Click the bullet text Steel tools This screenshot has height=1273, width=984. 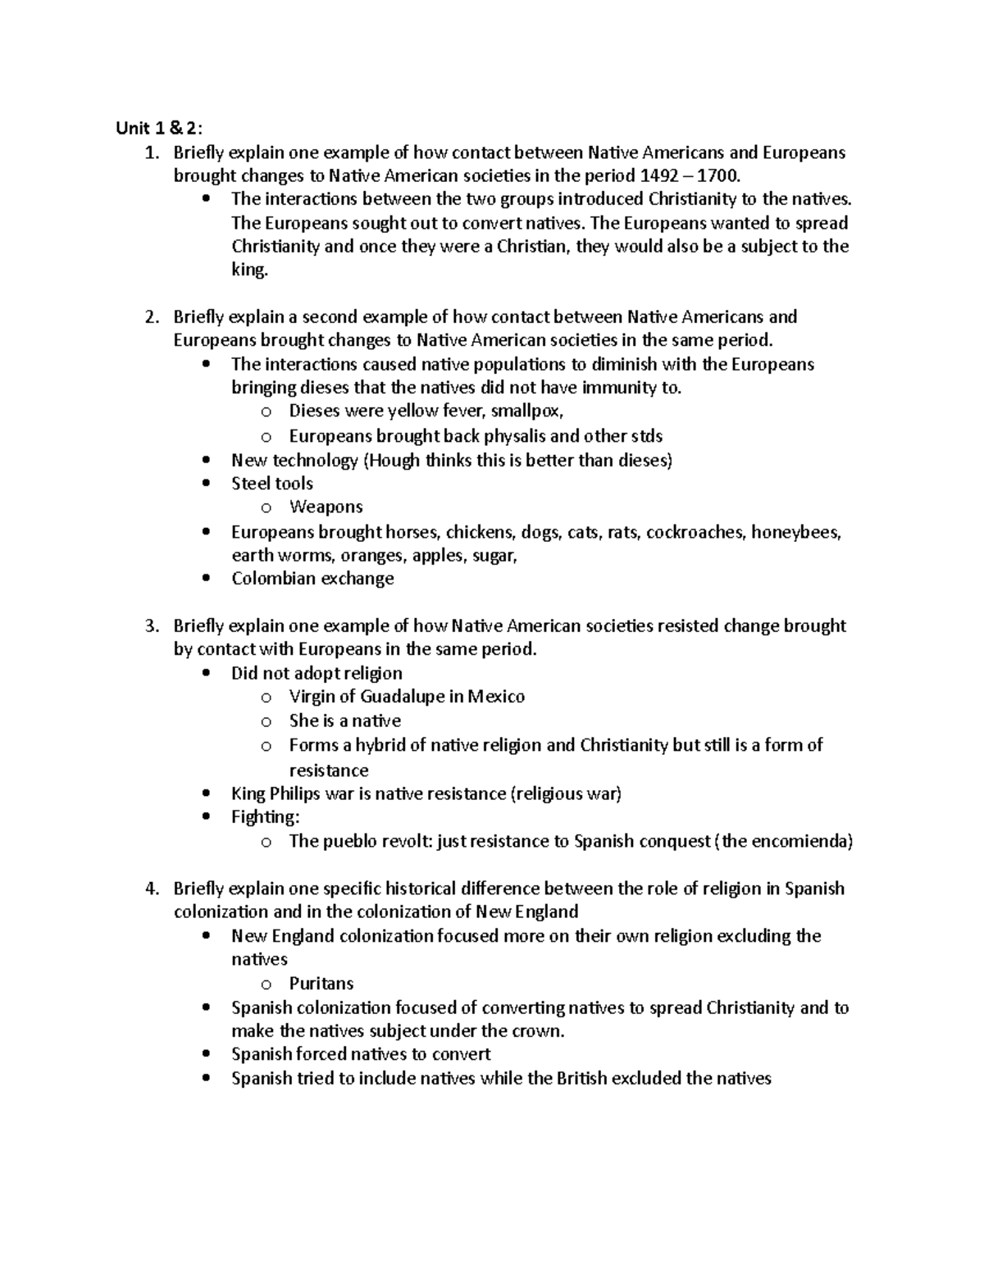[x=271, y=484]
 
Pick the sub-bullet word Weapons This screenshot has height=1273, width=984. [x=326, y=507]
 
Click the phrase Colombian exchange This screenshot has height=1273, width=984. [x=312, y=579]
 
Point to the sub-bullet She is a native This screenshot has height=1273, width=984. [x=344, y=721]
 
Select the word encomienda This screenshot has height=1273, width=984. [x=799, y=841]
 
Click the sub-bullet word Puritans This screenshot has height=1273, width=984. [x=321, y=984]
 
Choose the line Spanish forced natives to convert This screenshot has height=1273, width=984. [x=361, y=1054]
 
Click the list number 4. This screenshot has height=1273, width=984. [x=150, y=889]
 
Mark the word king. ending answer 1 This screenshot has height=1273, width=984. [x=249, y=270]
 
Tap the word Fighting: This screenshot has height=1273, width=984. [x=266, y=817]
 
